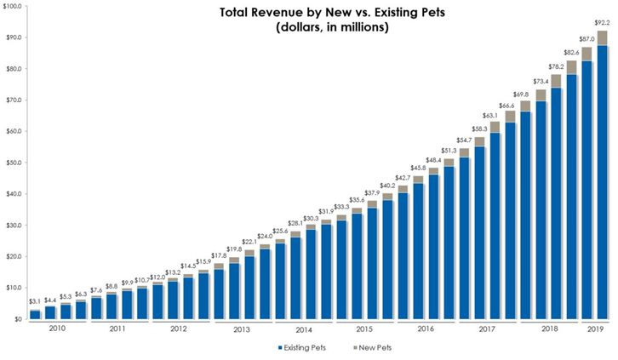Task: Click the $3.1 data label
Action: [35, 302]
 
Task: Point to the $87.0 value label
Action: [587, 39]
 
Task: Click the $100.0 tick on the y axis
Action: [12, 6]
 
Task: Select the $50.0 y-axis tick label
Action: [14, 163]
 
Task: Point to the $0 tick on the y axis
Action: [17, 319]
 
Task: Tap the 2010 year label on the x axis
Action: [57, 328]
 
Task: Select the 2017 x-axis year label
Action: [486, 329]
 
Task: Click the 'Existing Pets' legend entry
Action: [305, 348]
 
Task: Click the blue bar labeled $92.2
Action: [601, 183]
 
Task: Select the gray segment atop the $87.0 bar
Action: [587, 54]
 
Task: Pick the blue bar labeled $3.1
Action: [35, 315]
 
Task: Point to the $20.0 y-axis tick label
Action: [14, 256]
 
